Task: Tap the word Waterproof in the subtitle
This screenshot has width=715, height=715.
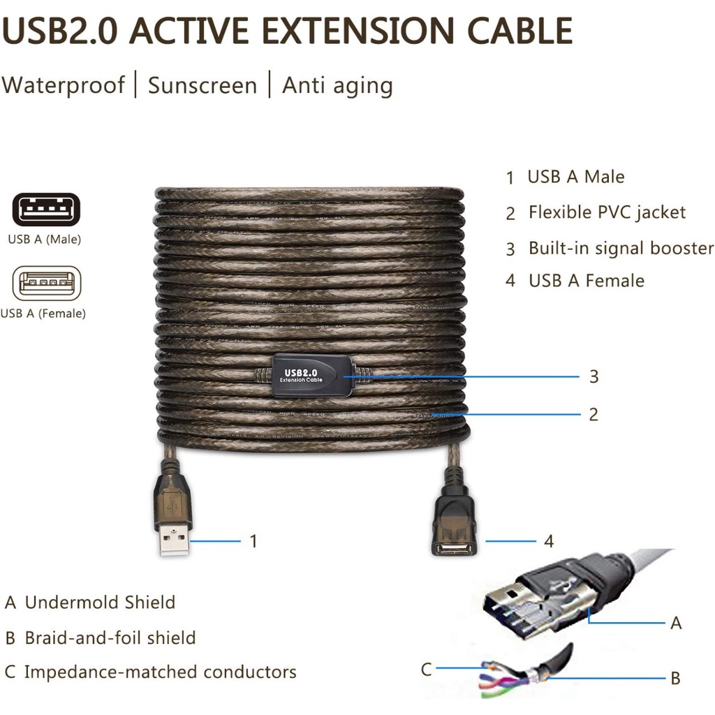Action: click(63, 85)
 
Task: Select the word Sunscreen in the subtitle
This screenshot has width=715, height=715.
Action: click(202, 85)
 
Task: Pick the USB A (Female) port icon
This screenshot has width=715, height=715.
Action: click(46, 283)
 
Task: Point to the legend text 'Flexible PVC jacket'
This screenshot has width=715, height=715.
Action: click(607, 212)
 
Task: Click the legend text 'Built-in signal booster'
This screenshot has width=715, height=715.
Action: click(621, 248)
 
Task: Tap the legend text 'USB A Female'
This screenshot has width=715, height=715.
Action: click(586, 281)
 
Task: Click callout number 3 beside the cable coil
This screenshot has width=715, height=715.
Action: click(594, 377)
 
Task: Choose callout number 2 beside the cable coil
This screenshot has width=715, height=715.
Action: click(594, 414)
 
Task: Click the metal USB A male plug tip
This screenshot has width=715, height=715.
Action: click(174, 540)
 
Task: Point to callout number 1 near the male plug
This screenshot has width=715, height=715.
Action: click(253, 541)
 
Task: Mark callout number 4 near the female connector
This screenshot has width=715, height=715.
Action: click(549, 541)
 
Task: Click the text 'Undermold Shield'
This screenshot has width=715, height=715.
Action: click(100, 602)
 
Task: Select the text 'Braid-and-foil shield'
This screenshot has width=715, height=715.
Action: click(110, 637)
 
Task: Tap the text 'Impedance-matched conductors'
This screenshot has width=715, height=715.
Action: click(160, 672)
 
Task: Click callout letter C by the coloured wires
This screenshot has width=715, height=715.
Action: click(427, 670)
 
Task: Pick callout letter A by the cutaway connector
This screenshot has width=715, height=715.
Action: click(676, 623)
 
